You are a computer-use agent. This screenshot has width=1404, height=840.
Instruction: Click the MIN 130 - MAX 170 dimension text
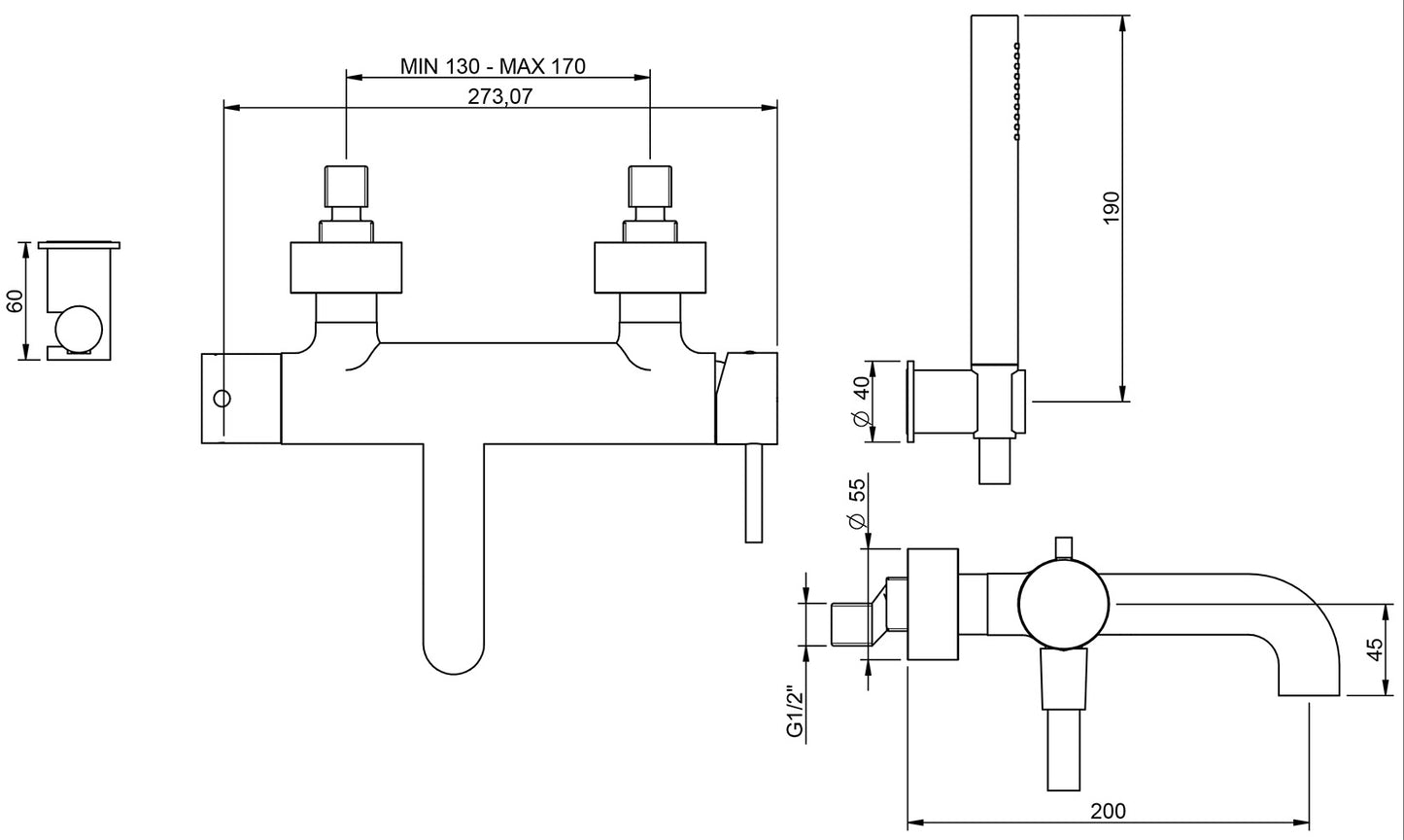493,66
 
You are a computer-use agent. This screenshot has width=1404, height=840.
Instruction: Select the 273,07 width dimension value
500,95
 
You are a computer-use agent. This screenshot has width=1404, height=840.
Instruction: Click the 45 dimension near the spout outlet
1374,649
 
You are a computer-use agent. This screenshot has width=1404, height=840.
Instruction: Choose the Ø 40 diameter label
860,402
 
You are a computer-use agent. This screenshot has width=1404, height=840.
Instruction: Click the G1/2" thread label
796,713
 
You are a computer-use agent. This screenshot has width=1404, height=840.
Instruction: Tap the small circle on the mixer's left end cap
222,398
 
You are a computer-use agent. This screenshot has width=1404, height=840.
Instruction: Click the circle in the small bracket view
78,330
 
